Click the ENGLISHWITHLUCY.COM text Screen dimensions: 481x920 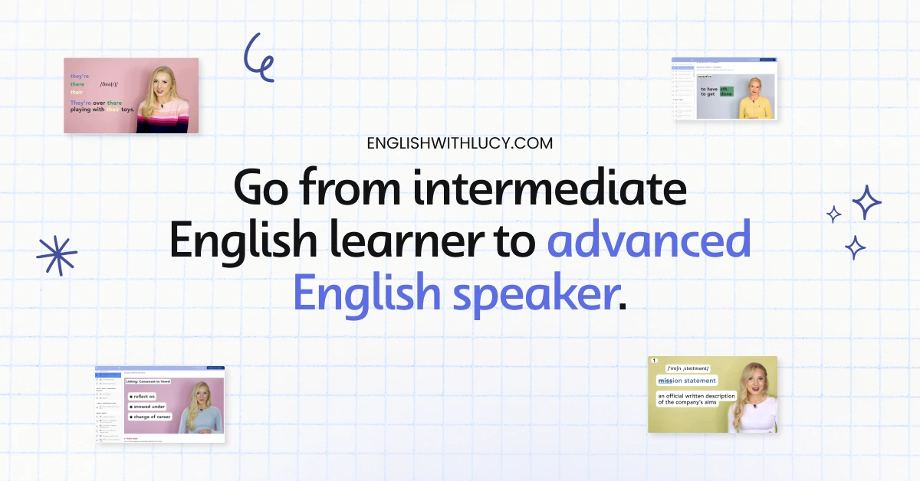[x=460, y=143]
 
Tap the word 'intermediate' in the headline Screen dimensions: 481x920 [x=550, y=189]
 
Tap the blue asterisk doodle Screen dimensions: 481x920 [x=57, y=254]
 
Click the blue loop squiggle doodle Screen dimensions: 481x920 [x=258, y=57]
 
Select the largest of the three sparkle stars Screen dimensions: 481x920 [x=866, y=202]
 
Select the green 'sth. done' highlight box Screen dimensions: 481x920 [x=726, y=92]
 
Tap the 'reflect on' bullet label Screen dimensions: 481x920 [x=144, y=396]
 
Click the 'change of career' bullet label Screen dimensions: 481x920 [x=151, y=416]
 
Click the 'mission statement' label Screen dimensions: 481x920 [x=687, y=381]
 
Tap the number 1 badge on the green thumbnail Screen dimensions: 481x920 [x=654, y=361]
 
